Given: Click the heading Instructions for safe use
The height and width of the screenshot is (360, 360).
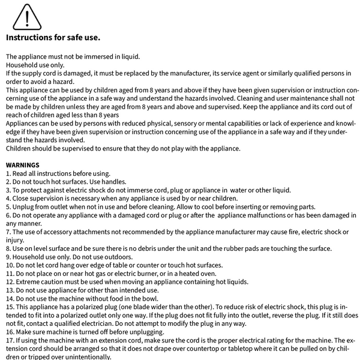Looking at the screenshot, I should click(53, 37).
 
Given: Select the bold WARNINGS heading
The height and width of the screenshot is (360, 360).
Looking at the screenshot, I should click(23, 164).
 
